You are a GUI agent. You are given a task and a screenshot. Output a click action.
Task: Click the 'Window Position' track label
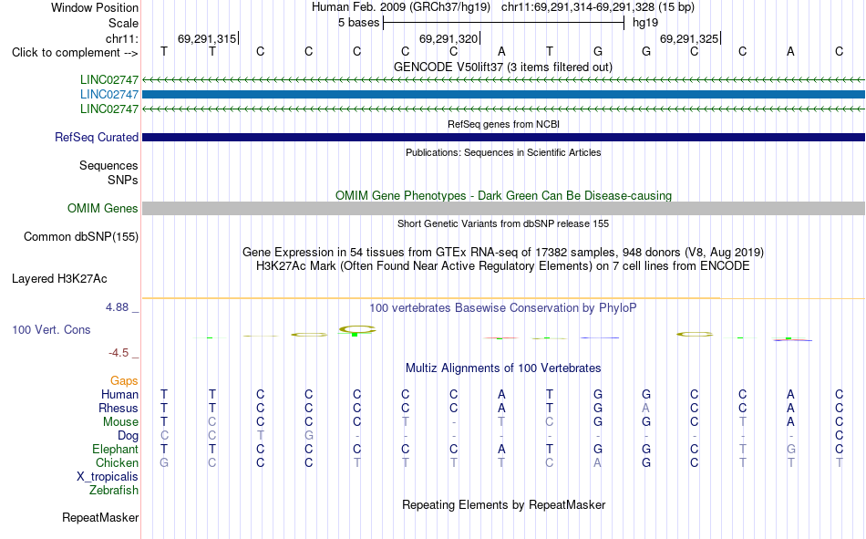[x=95, y=7]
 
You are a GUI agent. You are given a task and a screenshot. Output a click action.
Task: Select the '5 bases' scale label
[x=358, y=23]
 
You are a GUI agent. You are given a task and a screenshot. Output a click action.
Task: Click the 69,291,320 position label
[x=448, y=38]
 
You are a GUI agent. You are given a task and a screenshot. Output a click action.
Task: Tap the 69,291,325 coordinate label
[x=689, y=38]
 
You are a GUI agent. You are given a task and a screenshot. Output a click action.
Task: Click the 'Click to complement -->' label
[x=75, y=53]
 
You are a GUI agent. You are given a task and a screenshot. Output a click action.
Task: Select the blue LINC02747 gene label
[x=109, y=95]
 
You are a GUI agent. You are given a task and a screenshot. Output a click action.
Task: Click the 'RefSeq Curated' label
[x=97, y=137]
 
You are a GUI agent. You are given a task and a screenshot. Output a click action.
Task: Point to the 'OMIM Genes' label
[x=103, y=209]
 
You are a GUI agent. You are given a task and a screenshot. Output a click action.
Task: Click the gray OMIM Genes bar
[x=503, y=209]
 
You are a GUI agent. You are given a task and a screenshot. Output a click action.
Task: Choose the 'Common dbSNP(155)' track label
[x=81, y=236]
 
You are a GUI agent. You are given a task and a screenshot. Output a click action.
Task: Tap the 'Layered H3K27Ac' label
[x=59, y=279]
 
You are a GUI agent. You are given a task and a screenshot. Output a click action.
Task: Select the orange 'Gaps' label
[x=124, y=381]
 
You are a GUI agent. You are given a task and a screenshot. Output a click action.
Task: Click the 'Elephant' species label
[x=115, y=449]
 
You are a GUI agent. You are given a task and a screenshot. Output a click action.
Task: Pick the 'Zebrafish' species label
[x=114, y=491]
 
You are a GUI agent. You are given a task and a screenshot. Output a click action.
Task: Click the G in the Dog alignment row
[x=309, y=436]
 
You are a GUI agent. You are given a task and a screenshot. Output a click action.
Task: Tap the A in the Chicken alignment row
[x=598, y=462]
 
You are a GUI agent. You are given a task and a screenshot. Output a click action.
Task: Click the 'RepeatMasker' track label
[x=100, y=518]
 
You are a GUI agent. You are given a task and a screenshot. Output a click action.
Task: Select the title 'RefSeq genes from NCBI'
[x=503, y=124]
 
